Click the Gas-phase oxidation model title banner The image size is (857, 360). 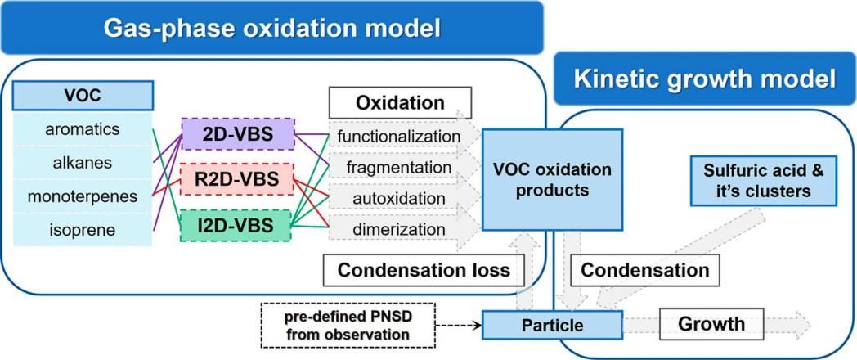(x=271, y=28)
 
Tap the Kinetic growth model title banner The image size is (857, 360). (x=704, y=79)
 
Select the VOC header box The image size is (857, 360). (x=83, y=95)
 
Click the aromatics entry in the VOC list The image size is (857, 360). (x=83, y=129)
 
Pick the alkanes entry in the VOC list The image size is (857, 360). (x=83, y=163)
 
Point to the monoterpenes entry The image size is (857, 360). (x=83, y=196)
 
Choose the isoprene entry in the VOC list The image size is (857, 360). (x=83, y=230)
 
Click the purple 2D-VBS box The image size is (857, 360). (x=238, y=133)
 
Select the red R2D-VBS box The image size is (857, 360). (x=238, y=178)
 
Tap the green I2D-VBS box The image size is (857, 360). (x=238, y=223)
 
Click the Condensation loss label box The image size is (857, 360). (x=424, y=269)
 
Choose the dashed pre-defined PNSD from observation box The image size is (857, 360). (x=348, y=325)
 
